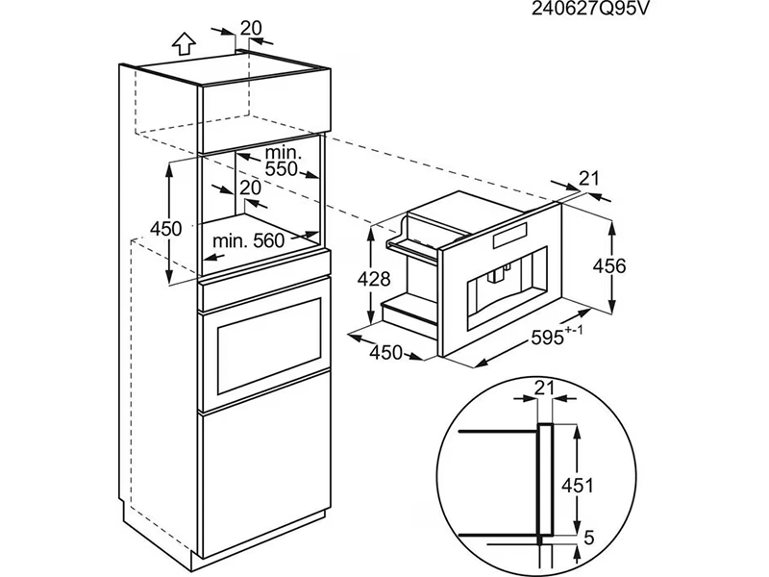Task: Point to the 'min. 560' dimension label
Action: click(x=249, y=241)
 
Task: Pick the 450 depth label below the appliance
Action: click(x=385, y=353)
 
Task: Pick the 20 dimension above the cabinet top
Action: click(x=251, y=28)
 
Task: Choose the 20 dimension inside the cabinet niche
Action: click(x=250, y=188)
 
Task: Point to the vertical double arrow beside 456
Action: click(x=611, y=264)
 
